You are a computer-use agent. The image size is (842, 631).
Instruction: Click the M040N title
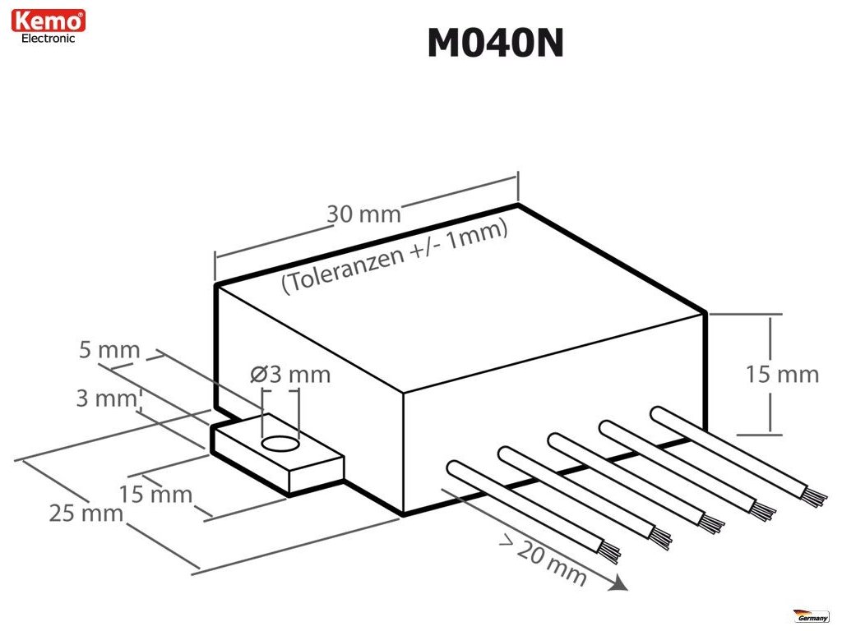495,44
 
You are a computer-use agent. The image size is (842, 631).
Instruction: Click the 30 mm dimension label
363,214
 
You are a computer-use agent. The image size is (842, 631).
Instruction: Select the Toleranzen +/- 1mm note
395,256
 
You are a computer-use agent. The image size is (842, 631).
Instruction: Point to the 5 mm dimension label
109,352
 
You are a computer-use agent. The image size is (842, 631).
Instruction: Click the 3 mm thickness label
104,399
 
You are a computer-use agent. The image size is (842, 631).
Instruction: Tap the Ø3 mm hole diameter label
290,375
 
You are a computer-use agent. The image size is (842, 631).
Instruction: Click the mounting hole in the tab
280,444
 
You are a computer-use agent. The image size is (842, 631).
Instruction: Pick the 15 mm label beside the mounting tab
155,495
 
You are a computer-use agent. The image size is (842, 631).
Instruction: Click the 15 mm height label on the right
782,375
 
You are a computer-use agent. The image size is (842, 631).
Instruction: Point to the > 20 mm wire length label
544,561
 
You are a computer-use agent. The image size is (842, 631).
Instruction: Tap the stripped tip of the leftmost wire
610,555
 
